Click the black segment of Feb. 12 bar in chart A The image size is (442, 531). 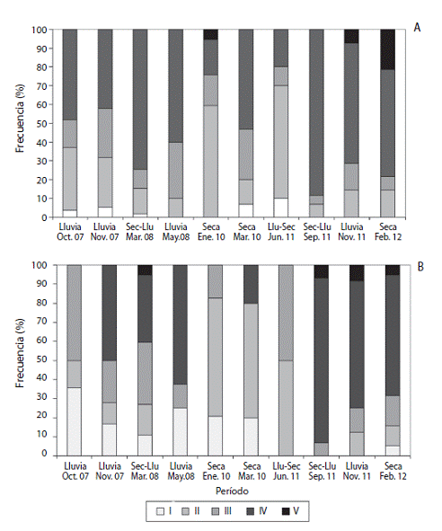coord(387,49)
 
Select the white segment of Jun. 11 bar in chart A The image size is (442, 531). coord(281,208)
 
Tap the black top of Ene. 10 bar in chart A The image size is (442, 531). coord(211,34)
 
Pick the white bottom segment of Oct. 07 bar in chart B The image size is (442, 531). coord(75,421)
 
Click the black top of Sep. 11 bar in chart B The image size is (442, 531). coord(322,271)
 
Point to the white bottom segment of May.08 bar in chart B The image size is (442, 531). coord(181,432)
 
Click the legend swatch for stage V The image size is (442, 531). coord(287,511)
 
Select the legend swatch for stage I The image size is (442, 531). coord(160,511)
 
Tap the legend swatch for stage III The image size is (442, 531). coord(216,511)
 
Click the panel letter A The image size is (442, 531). coord(417,28)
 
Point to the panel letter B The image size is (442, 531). coord(420,267)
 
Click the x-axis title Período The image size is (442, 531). coord(232,491)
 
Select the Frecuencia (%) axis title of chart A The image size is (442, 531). coord(20,119)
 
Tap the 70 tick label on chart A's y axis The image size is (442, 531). coord(41,86)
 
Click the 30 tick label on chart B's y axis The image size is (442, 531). coord(41,398)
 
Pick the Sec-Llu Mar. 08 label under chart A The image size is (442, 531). coord(139,232)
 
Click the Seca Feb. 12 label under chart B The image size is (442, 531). coord(393,471)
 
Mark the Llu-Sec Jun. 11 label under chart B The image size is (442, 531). coord(287,471)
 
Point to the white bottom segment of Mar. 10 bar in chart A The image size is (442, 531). coord(246,210)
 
